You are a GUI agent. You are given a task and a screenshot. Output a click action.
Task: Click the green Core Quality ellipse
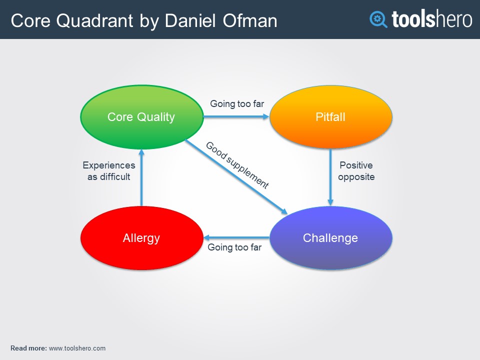click(x=141, y=117)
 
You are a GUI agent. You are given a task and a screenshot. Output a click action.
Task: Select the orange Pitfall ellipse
click(x=330, y=117)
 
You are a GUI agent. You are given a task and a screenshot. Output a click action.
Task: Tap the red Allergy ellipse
click(x=141, y=238)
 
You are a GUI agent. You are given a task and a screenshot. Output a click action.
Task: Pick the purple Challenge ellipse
click(x=330, y=238)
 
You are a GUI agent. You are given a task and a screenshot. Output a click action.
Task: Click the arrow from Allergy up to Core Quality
click(x=141, y=177)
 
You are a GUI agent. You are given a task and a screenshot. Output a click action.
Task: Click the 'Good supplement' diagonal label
click(x=237, y=165)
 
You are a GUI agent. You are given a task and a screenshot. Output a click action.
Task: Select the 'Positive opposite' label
click(x=356, y=171)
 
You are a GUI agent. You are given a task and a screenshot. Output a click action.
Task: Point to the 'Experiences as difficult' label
click(x=109, y=171)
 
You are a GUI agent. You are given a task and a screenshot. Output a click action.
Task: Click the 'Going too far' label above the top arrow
click(x=237, y=104)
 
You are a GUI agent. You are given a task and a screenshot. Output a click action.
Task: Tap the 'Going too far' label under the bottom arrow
click(x=234, y=247)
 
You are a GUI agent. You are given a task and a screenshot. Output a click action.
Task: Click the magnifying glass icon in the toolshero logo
click(x=378, y=19)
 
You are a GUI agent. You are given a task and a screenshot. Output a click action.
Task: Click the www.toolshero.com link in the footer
click(x=77, y=348)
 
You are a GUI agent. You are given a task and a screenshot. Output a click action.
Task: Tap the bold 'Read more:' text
click(x=28, y=348)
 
